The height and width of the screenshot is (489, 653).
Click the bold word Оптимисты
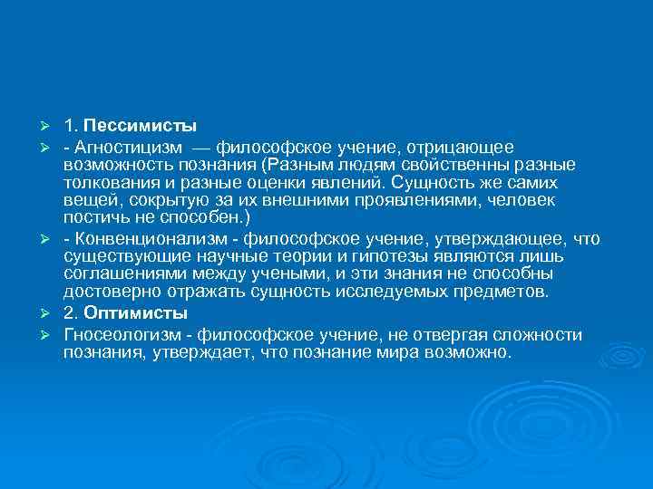pyautogui.click(x=137, y=313)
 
